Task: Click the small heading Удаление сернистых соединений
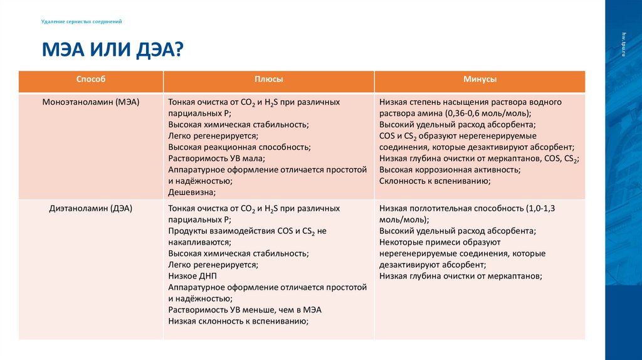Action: (x=82, y=21)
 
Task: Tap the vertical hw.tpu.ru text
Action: (x=624, y=44)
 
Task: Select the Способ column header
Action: (x=91, y=80)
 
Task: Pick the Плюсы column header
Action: (x=268, y=80)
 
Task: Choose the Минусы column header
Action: (x=480, y=80)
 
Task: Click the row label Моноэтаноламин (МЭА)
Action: (x=90, y=102)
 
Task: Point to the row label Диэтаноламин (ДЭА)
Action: (x=90, y=208)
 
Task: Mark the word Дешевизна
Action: (x=192, y=193)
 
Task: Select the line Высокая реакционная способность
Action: (x=239, y=147)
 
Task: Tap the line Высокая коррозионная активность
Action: (x=450, y=170)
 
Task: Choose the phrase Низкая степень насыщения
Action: (x=427, y=102)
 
